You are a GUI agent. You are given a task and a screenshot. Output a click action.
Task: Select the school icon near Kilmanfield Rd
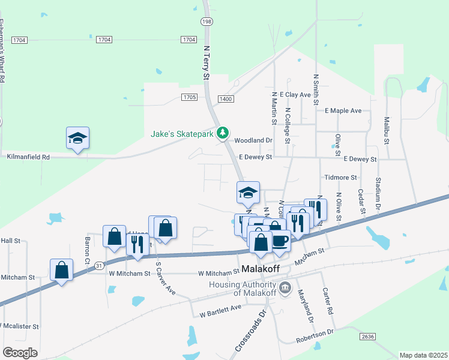point(77,139)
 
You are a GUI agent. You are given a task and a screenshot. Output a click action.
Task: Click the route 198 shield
point(206,21)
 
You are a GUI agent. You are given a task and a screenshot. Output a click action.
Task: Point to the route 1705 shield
point(188,97)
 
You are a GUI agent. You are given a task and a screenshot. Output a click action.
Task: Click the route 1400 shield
point(226,98)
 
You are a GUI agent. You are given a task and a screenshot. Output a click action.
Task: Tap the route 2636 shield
point(368,337)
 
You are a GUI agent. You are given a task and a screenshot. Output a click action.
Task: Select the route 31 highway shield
point(100,265)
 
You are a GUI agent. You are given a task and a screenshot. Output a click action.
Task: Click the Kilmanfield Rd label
point(28,156)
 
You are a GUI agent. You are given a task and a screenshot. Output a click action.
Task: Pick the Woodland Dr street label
point(253,140)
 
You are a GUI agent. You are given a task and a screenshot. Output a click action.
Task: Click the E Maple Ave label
point(343,111)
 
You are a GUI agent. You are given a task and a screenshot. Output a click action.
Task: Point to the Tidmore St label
point(340,178)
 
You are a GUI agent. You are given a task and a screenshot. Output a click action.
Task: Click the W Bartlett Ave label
point(220,310)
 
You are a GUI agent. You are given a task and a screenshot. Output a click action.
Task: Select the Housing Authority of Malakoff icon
point(285,286)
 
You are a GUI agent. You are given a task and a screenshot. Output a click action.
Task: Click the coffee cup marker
point(280,241)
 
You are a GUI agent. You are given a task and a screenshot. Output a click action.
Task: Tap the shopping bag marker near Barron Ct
point(114,236)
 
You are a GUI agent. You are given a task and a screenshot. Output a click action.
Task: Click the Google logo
point(20,353)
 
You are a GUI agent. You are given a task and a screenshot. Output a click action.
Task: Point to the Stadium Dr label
point(378,196)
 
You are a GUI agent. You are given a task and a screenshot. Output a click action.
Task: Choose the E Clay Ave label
point(298,95)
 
